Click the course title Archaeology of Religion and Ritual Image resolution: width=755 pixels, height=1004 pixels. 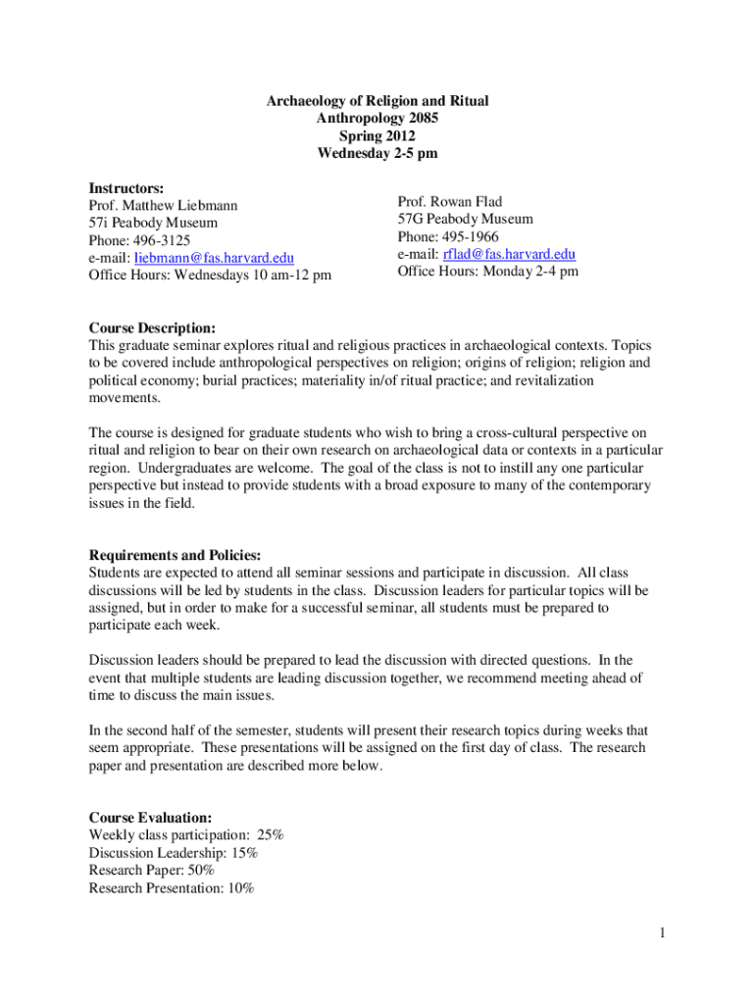pyautogui.click(x=377, y=101)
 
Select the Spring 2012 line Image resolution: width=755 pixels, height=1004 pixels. pyautogui.click(x=377, y=136)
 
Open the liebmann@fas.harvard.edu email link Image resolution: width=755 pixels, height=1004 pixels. pyautogui.click(x=214, y=258)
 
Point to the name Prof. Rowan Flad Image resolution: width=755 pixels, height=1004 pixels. pyautogui.click(x=450, y=202)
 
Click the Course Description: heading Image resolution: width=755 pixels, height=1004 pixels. pyautogui.click(x=152, y=327)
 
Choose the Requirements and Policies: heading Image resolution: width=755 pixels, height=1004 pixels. pyautogui.click(x=175, y=555)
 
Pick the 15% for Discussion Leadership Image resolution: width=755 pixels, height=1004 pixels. pyautogui.click(x=244, y=853)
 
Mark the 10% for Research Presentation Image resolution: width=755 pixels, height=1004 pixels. pyautogui.click(x=239, y=888)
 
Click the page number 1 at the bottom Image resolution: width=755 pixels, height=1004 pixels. pyautogui.click(x=663, y=932)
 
